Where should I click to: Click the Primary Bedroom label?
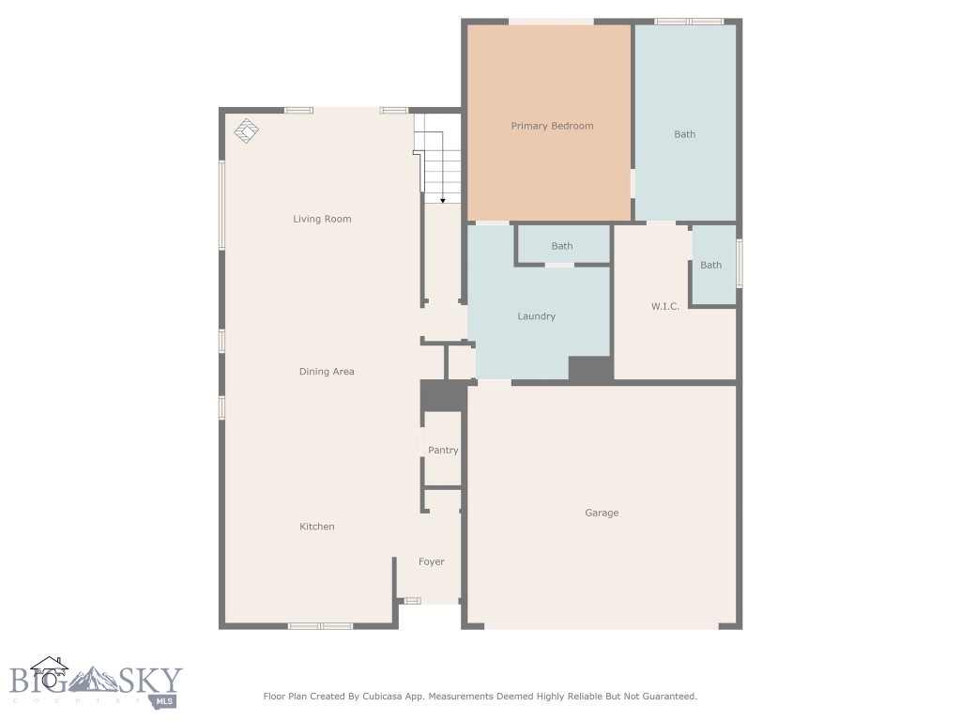[552, 127]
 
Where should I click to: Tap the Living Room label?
[322, 219]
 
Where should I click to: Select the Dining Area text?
[326, 372]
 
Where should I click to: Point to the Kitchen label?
[317, 527]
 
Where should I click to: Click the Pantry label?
[443, 450]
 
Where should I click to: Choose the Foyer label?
[432, 562]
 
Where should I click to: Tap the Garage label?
[602, 514]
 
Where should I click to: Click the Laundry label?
[536, 316]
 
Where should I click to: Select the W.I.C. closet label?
[665, 306]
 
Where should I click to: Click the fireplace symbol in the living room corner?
[247, 130]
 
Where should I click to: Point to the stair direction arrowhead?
[443, 201]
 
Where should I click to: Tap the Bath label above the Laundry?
[562, 247]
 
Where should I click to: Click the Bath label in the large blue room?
[684, 135]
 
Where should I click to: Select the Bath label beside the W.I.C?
[711, 266]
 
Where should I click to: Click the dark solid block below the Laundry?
[591, 370]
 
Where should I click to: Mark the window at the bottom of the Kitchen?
[321, 626]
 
